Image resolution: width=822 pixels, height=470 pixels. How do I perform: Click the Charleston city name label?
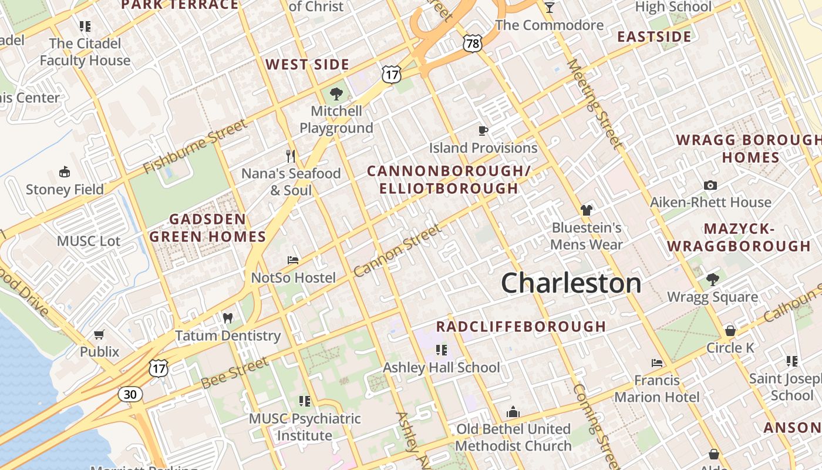[571, 283]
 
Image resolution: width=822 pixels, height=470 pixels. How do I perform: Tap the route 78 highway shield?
[472, 42]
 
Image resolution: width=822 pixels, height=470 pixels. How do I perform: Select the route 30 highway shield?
[130, 394]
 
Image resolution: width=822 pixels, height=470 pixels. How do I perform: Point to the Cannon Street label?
[397, 251]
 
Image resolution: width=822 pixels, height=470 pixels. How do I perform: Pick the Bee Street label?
[235, 372]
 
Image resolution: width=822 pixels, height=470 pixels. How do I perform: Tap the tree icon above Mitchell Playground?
[336, 94]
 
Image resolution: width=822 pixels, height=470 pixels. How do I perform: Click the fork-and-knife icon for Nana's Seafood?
[291, 156]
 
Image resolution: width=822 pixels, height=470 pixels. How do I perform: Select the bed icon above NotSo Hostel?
[293, 260]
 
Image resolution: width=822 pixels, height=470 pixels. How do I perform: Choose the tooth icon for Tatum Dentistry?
[228, 318]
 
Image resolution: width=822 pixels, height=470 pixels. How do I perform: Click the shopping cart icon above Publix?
[99, 334]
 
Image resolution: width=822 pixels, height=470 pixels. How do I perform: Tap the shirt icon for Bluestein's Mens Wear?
[586, 210]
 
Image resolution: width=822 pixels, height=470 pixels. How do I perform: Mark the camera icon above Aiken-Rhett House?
[710, 185]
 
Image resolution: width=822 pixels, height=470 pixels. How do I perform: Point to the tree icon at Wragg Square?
[712, 280]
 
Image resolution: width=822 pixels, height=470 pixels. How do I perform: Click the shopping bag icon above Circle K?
[730, 331]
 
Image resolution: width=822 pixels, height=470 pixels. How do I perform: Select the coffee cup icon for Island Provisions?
[483, 130]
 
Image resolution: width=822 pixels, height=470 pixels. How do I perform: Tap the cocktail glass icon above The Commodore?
[549, 8]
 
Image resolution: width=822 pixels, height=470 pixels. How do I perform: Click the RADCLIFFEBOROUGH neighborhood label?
[521, 327]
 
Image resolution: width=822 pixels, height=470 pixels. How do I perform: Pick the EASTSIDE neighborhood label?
[654, 37]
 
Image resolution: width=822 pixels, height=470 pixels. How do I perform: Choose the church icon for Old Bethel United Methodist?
[513, 412]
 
